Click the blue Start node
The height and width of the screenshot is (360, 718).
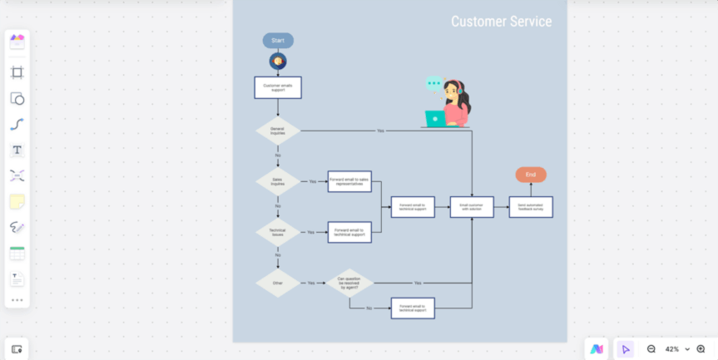(x=278, y=40)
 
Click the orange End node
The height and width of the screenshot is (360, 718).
(x=531, y=175)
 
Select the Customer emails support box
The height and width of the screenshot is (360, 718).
(x=278, y=87)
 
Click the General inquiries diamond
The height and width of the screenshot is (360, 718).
(x=278, y=131)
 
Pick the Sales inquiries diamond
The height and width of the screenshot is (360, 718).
(x=278, y=181)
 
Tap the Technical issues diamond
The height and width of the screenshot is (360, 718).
(x=278, y=232)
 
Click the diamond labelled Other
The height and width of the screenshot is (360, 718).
(x=278, y=283)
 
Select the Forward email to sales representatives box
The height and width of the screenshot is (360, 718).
(x=349, y=181)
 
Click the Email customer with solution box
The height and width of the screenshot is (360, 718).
(x=472, y=207)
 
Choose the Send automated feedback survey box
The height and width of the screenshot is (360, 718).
(x=531, y=207)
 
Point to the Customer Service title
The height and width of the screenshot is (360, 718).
(x=501, y=22)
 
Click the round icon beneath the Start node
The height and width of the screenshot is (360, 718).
(x=278, y=62)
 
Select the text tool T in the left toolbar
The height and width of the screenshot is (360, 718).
(x=17, y=150)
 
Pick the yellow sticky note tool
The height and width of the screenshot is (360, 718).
(x=17, y=201)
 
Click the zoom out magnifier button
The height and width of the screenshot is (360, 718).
(x=651, y=349)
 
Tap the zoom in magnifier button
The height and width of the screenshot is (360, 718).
(x=701, y=349)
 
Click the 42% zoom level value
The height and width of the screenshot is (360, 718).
(x=672, y=349)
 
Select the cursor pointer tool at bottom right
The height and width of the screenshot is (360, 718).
(x=625, y=349)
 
